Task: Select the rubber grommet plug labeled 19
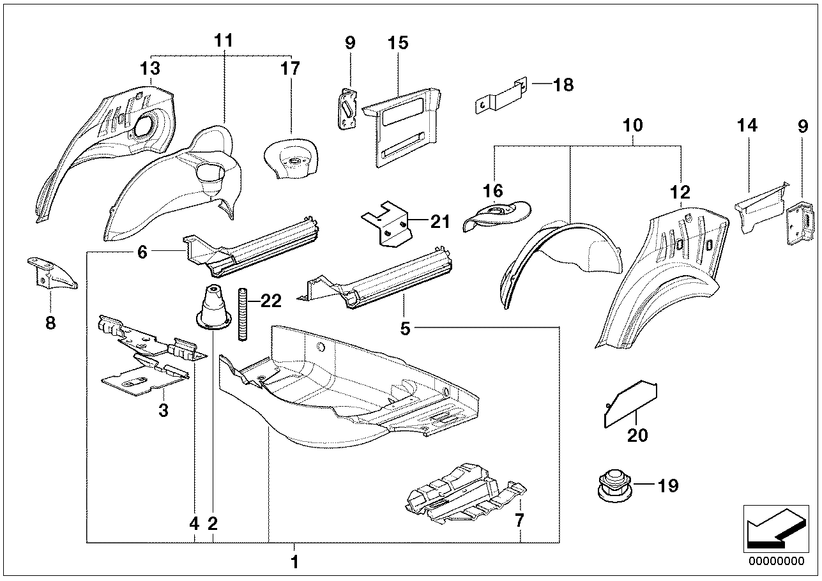612,486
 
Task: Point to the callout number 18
563,84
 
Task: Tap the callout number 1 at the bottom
294,562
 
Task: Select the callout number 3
163,411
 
